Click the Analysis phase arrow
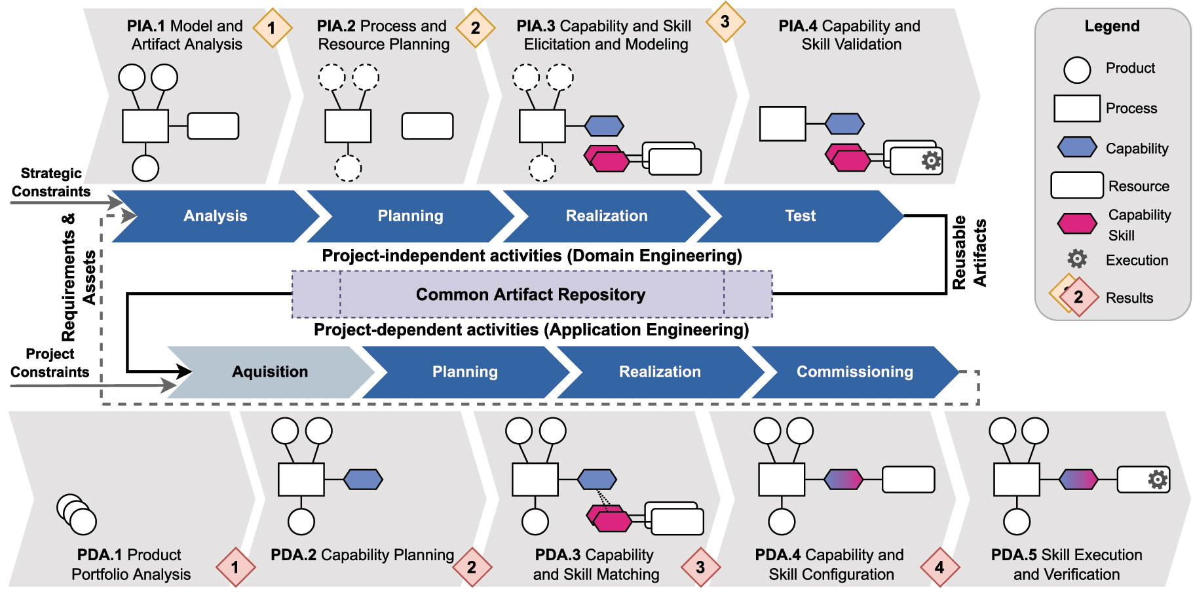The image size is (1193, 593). click(215, 216)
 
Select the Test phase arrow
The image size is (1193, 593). click(800, 216)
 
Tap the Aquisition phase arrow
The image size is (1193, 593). click(269, 372)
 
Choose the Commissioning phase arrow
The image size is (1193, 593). click(854, 372)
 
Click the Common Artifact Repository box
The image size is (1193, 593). click(531, 295)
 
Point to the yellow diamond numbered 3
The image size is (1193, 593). click(725, 22)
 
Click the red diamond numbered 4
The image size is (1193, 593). click(939, 567)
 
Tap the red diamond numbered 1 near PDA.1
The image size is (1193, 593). click(235, 567)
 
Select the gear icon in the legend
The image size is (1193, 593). click(1077, 259)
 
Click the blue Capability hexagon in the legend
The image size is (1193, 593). click(1077, 147)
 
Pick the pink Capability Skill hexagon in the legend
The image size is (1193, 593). click(1077, 223)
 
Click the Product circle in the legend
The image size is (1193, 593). click(1077, 69)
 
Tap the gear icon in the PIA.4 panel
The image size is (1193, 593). click(931, 161)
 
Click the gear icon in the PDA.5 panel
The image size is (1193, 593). click(1158, 480)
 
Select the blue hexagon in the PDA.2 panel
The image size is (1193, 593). click(363, 480)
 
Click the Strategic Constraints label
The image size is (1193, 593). click(51, 182)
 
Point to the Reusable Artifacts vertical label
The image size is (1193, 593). click(969, 253)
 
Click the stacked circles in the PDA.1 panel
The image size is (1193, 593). click(77, 514)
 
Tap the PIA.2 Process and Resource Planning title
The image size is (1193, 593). click(383, 35)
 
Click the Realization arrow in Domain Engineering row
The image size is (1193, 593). click(606, 216)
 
